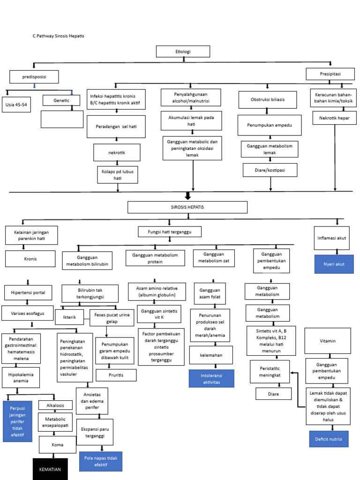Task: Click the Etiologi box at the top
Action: click(x=183, y=52)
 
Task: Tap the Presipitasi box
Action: click(x=330, y=75)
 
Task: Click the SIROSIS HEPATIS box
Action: click(x=187, y=207)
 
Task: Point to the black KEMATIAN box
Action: click(x=50, y=469)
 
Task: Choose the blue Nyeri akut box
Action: click(x=333, y=264)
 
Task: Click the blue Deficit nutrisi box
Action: click(x=329, y=439)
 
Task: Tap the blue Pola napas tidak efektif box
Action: click(x=101, y=461)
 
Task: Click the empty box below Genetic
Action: click(x=61, y=119)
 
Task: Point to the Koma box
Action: click(x=57, y=444)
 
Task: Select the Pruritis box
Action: click(x=116, y=375)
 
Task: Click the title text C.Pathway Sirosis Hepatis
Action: click(x=59, y=36)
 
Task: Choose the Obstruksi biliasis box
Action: click(x=268, y=100)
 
